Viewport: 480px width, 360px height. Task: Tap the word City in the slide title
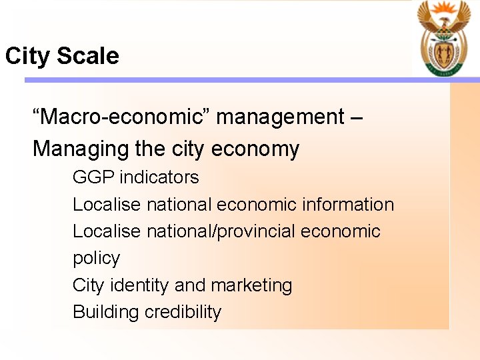point(28,56)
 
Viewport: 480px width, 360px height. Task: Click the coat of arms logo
point(443,38)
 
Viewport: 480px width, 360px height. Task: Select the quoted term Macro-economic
point(121,117)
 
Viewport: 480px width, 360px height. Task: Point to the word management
point(280,117)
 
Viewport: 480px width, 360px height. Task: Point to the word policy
point(96,259)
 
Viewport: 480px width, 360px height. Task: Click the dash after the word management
point(356,118)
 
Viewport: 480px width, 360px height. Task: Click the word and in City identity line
point(190,285)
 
